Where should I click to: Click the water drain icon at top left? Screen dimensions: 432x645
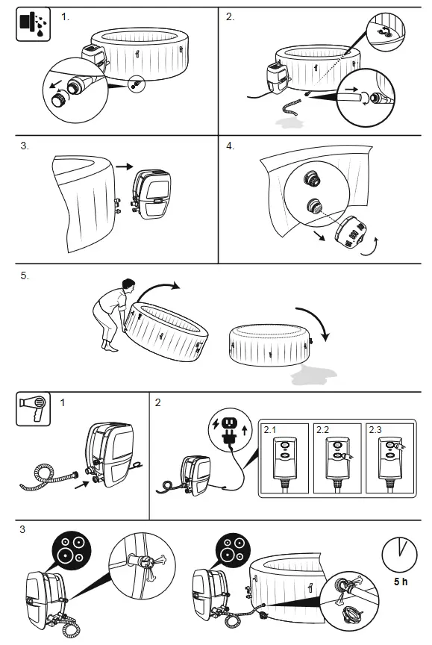pyautogui.click(x=34, y=25)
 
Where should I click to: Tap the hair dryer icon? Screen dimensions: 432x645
pyautogui.click(x=34, y=409)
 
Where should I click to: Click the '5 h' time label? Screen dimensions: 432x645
pyautogui.click(x=401, y=582)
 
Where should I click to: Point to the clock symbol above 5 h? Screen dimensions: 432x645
pyautogui.click(x=399, y=554)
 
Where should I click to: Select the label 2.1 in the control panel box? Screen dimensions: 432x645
pyautogui.click(x=269, y=430)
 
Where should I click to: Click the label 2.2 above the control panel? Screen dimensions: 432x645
pyautogui.click(x=322, y=430)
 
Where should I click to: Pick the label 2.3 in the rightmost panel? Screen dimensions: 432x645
pyautogui.click(x=375, y=430)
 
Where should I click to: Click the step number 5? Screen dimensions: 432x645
pyautogui.click(x=25, y=275)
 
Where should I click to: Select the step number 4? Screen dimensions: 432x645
pyautogui.click(x=231, y=146)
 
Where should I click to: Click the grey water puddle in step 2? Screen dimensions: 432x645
pyautogui.click(x=289, y=122)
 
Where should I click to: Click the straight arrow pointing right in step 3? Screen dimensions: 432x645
pyautogui.click(x=124, y=166)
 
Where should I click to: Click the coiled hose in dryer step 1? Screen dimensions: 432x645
pyautogui.click(x=46, y=478)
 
